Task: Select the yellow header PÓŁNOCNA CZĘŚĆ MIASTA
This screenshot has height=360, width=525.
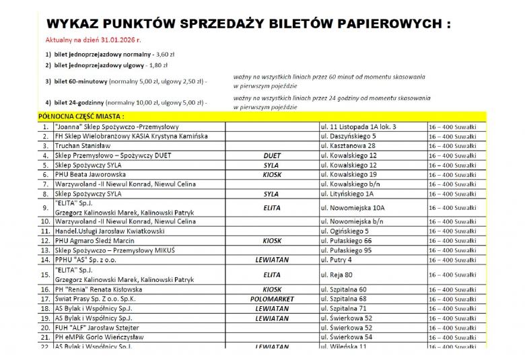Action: coord(81,116)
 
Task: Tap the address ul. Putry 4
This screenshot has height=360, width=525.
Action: coord(337,260)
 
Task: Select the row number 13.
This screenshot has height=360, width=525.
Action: coord(45,250)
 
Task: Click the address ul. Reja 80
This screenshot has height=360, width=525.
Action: coord(337,275)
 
